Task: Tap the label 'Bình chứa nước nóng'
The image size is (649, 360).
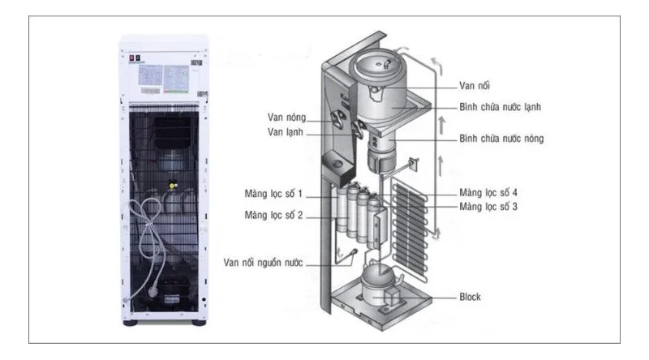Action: tap(500, 139)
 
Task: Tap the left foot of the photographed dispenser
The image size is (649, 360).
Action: tap(131, 321)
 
